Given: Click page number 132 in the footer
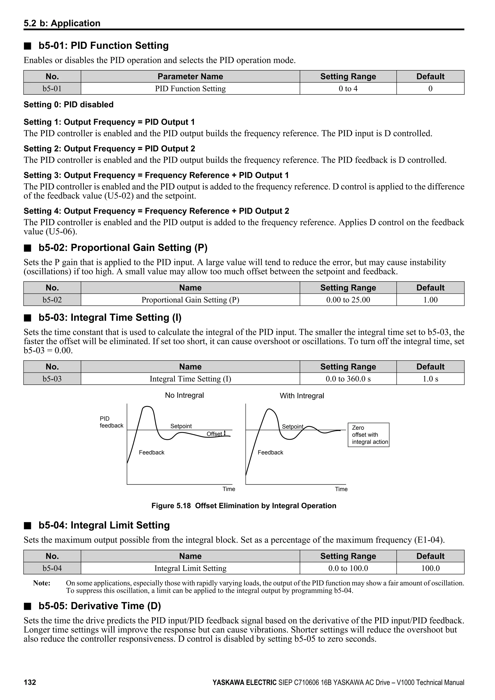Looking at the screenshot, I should click(30, 682).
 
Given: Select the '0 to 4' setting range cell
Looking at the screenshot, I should click(348, 89).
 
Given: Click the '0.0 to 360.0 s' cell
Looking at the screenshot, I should click(348, 379).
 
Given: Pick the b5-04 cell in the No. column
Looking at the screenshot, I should click(52, 568).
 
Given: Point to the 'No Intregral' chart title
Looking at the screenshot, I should click(184, 395).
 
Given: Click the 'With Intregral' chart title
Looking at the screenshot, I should click(302, 396).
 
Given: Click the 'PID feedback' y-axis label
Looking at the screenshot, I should click(111, 422).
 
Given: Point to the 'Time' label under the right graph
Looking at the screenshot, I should click(341, 489).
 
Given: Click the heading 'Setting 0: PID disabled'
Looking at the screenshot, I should click(69, 105).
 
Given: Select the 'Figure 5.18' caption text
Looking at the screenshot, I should click(244, 506).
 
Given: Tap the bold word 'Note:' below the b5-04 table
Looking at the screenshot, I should click(42, 583).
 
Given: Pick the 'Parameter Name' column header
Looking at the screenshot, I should click(190, 77).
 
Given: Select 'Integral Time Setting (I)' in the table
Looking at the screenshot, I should click(190, 379).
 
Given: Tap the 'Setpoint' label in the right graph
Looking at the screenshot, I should click(292, 427).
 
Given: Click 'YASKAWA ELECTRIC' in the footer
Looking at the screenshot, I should click(244, 682).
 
